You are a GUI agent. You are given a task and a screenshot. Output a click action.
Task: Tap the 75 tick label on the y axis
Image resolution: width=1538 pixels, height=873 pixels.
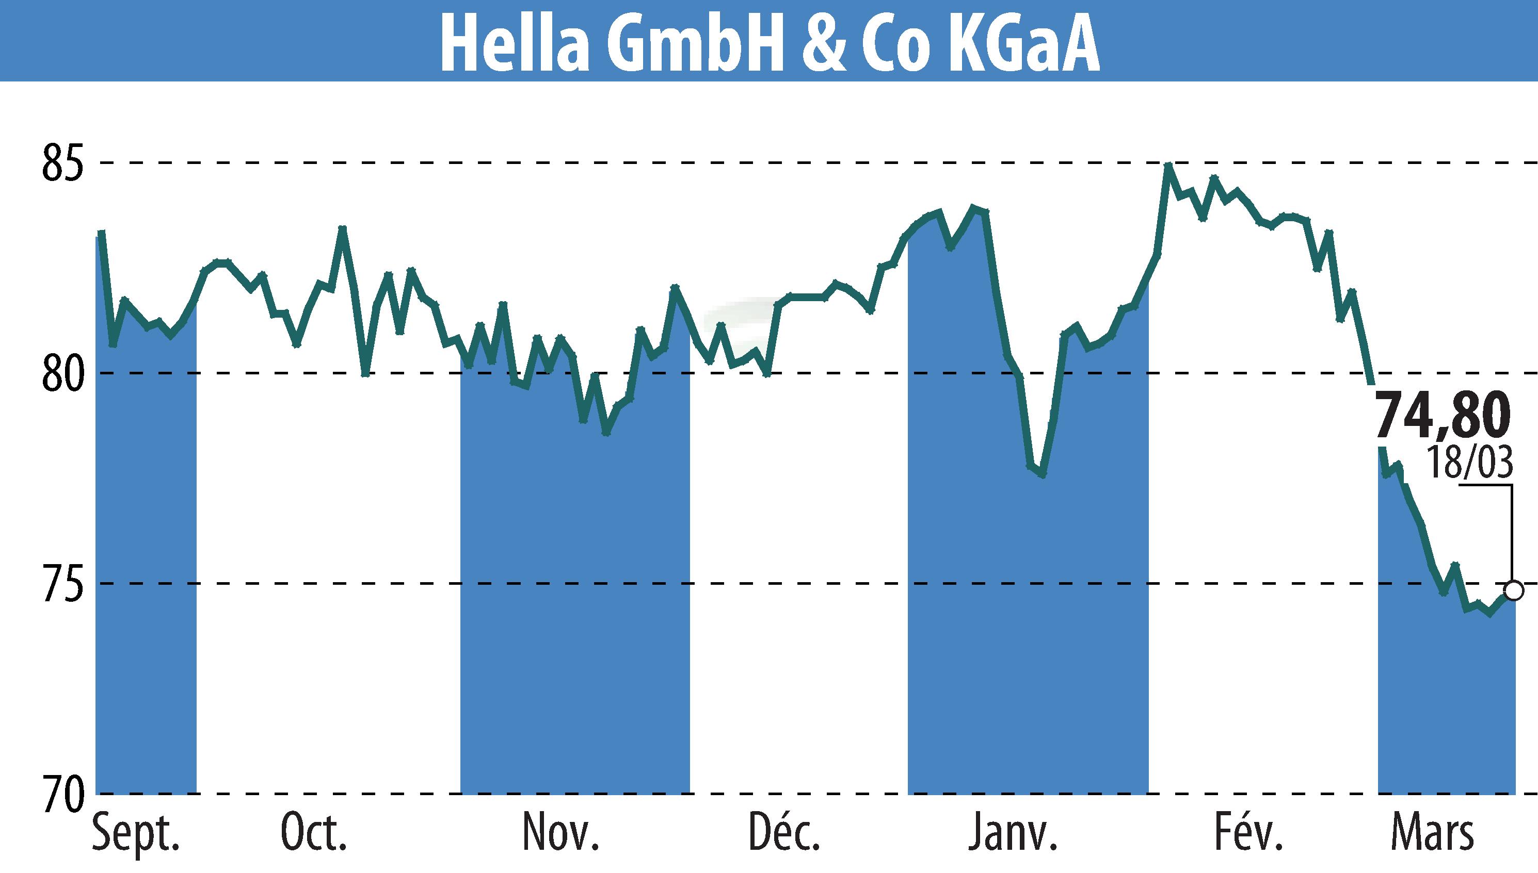click(x=61, y=584)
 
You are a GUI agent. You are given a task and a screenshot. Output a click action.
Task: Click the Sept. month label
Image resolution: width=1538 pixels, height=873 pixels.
click(x=136, y=834)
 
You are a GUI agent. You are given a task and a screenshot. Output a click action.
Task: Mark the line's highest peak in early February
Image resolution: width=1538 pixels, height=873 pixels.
click(x=1168, y=165)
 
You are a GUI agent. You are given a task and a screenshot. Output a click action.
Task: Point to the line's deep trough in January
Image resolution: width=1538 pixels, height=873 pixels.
click(x=1043, y=475)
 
